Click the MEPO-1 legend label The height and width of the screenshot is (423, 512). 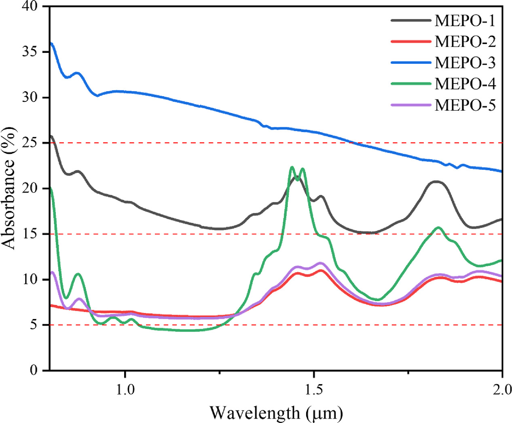tap(465, 21)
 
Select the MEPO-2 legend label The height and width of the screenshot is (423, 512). tap(465, 42)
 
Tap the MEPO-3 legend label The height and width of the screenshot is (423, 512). tap(465, 63)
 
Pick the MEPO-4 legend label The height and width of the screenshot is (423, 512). tap(465, 84)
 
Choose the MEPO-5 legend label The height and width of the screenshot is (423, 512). tap(465, 105)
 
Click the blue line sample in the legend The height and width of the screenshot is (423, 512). tap(410, 63)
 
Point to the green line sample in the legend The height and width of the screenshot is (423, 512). tap(410, 84)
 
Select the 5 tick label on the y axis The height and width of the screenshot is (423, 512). tap(34, 325)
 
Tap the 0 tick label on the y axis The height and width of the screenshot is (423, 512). tap(34, 370)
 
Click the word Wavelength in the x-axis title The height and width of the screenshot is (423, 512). tap(255, 413)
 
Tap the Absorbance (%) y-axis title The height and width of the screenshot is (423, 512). tap(9, 188)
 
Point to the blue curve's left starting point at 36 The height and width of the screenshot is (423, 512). tap(51, 43)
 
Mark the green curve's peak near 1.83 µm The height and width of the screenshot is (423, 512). tap(438, 227)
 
